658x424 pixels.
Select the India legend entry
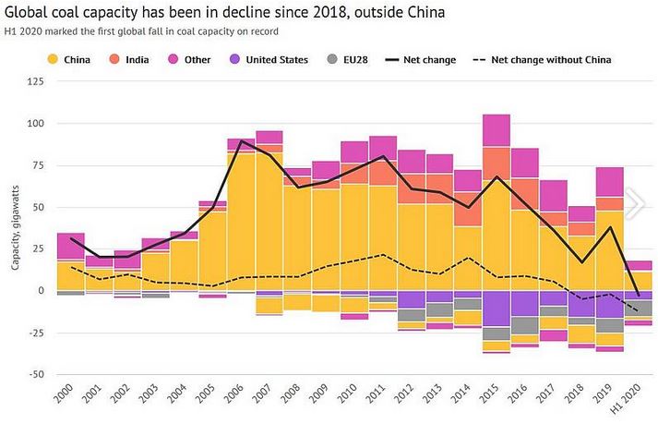[x=137, y=60]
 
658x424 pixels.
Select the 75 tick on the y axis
[x=35, y=165]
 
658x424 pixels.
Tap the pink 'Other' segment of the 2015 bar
[x=496, y=130]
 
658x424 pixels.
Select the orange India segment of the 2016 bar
[x=524, y=194]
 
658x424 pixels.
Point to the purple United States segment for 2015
[x=496, y=309]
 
